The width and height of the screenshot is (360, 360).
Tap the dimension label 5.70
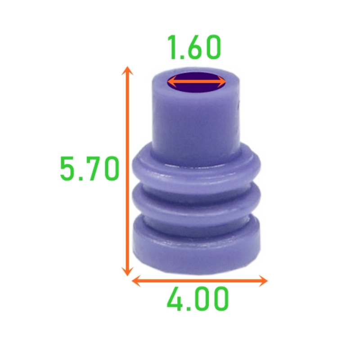[x=90, y=169]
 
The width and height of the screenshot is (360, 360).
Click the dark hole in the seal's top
[x=197, y=83]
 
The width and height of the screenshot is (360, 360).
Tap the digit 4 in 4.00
[x=176, y=299]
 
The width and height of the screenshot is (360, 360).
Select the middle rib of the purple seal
[x=197, y=198]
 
